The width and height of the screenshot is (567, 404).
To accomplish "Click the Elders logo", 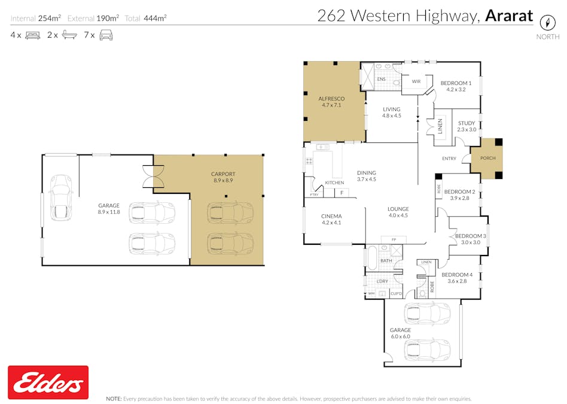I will pos(48,382).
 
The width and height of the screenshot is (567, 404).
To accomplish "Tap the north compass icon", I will pos(546,23).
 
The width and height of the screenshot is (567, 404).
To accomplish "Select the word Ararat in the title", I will pos(508,16).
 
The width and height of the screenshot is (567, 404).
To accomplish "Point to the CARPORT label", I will pos(223,174).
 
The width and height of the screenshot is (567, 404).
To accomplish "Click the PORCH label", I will pos(487,159).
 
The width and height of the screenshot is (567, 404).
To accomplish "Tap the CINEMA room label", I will pos(331,216).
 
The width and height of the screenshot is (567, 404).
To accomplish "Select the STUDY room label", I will pos(467,123).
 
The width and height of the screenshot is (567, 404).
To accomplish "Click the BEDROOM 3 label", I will pos(470,236).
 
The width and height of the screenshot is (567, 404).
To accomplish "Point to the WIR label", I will pos(416,81).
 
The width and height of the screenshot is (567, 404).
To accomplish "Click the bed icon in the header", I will pos(32,35).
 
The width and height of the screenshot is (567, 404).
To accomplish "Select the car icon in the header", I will pos(106,35).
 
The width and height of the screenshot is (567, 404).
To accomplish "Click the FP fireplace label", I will pos(393,239).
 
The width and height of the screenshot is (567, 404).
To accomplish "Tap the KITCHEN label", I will pos(334,183).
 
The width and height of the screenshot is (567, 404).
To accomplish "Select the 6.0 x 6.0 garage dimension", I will pos(400,337).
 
